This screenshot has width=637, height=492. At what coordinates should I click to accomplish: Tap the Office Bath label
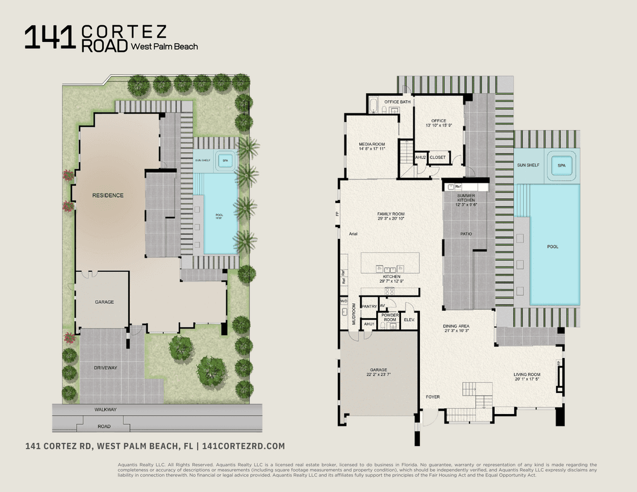[x=397, y=102]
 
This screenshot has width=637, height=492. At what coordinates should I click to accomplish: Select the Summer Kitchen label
[x=466, y=198]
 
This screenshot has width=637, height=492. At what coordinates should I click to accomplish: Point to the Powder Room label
[x=390, y=317]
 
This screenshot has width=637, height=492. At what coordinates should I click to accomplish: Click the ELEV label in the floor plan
[x=409, y=320]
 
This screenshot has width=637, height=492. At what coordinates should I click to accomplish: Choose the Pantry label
[x=369, y=306]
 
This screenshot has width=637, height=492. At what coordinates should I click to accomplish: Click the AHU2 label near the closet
[x=421, y=158]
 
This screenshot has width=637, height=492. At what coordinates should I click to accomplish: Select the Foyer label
[x=432, y=397]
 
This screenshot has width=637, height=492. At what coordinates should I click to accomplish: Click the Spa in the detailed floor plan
[x=561, y=166]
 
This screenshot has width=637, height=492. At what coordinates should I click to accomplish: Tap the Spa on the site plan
[x=224, y=159]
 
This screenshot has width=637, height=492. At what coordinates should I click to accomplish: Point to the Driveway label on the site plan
[x=105, y=368]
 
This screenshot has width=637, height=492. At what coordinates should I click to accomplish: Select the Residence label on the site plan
[x=107, y=195]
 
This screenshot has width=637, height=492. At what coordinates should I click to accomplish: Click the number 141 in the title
[x=50, y=38]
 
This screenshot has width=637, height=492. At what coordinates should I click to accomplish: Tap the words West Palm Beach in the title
[x=164, y=47]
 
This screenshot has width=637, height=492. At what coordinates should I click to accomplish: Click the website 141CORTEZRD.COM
[x=244, y=447]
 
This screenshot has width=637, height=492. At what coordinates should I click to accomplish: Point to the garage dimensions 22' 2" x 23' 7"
[x=378, y=375]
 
